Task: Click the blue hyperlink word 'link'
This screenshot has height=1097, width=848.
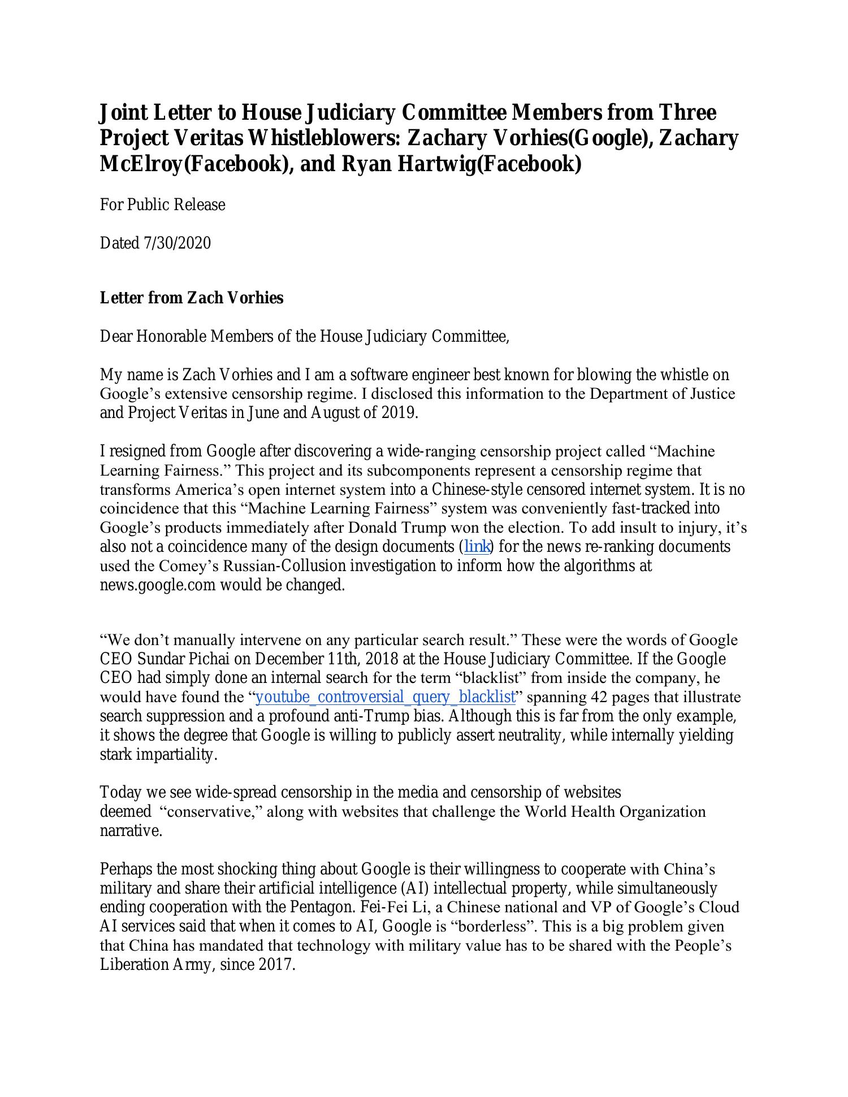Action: [x=477, y=547]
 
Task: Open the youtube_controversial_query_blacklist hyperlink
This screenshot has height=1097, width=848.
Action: [x=386, y=696]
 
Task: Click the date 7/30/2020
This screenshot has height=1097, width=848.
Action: [x=178, y=243]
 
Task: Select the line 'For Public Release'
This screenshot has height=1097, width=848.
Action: [x=162, y=204]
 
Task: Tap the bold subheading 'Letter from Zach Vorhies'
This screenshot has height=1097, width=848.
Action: [x=192, y=298]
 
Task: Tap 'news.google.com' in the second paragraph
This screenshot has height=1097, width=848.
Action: [x=158, y=585]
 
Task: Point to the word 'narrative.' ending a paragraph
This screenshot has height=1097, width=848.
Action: [x=131, y=831]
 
